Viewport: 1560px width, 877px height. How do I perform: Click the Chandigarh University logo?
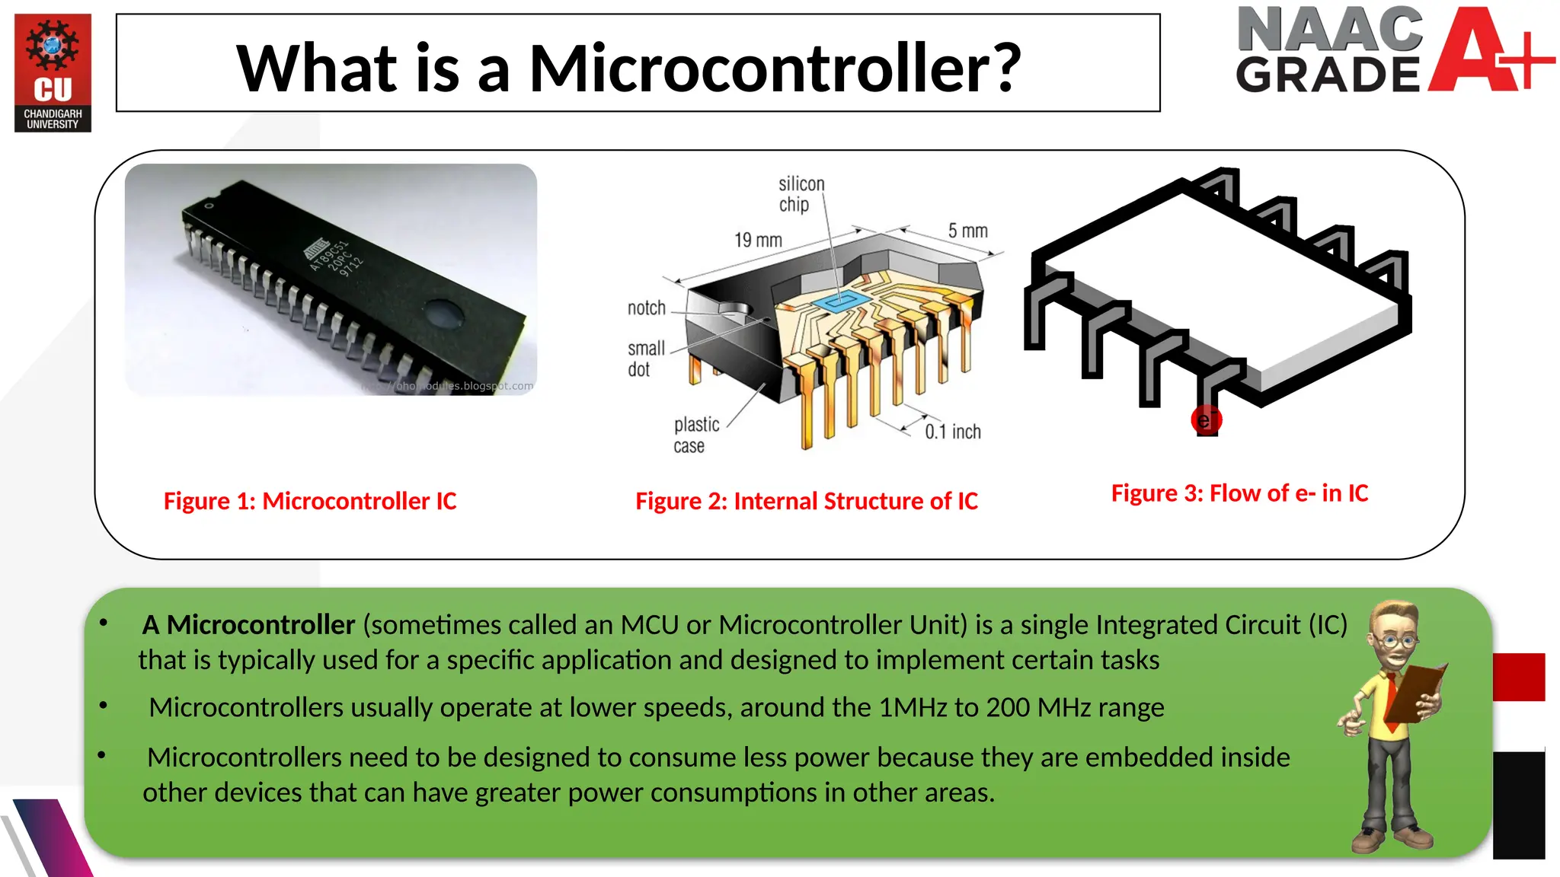pyautogui.click(x=53, y=72)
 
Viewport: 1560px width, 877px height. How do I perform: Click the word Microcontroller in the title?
pyautogui.click(x=775, y=69)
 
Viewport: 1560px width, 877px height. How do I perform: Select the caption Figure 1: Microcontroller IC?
pyautogui.click(x=310, y=501)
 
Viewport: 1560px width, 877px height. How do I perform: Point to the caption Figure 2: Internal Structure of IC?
pyautogui.click(x=807, y=501)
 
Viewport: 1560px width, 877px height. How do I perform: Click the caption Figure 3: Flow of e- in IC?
pyautogui.click(x=1239, y=493)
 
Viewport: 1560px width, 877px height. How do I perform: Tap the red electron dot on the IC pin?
pyautogui.click(x=1206, y=420)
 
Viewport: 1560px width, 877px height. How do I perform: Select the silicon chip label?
pyautogui.click(x=800, y=194)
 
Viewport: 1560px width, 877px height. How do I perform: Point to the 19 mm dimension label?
pyautogui.click(x=758, y=241)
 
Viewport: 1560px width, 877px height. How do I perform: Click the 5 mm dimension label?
pyautogui.click(x=967, y=231)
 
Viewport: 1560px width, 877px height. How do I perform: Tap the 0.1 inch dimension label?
pyautogui.click(x=952, y=432)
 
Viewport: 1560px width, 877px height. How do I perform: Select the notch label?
pyautogui.click(x=646, y=308)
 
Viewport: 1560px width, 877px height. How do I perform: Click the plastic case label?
pyautogui.click(x=695, y=435)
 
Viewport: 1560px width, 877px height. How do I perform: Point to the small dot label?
pyautogui.click(x=644, y=359)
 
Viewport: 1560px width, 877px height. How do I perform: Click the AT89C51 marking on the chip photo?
pyautogui.click(x=329, y=255)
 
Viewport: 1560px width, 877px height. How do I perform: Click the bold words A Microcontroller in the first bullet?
pyautogui.click(x=248, y=625)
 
